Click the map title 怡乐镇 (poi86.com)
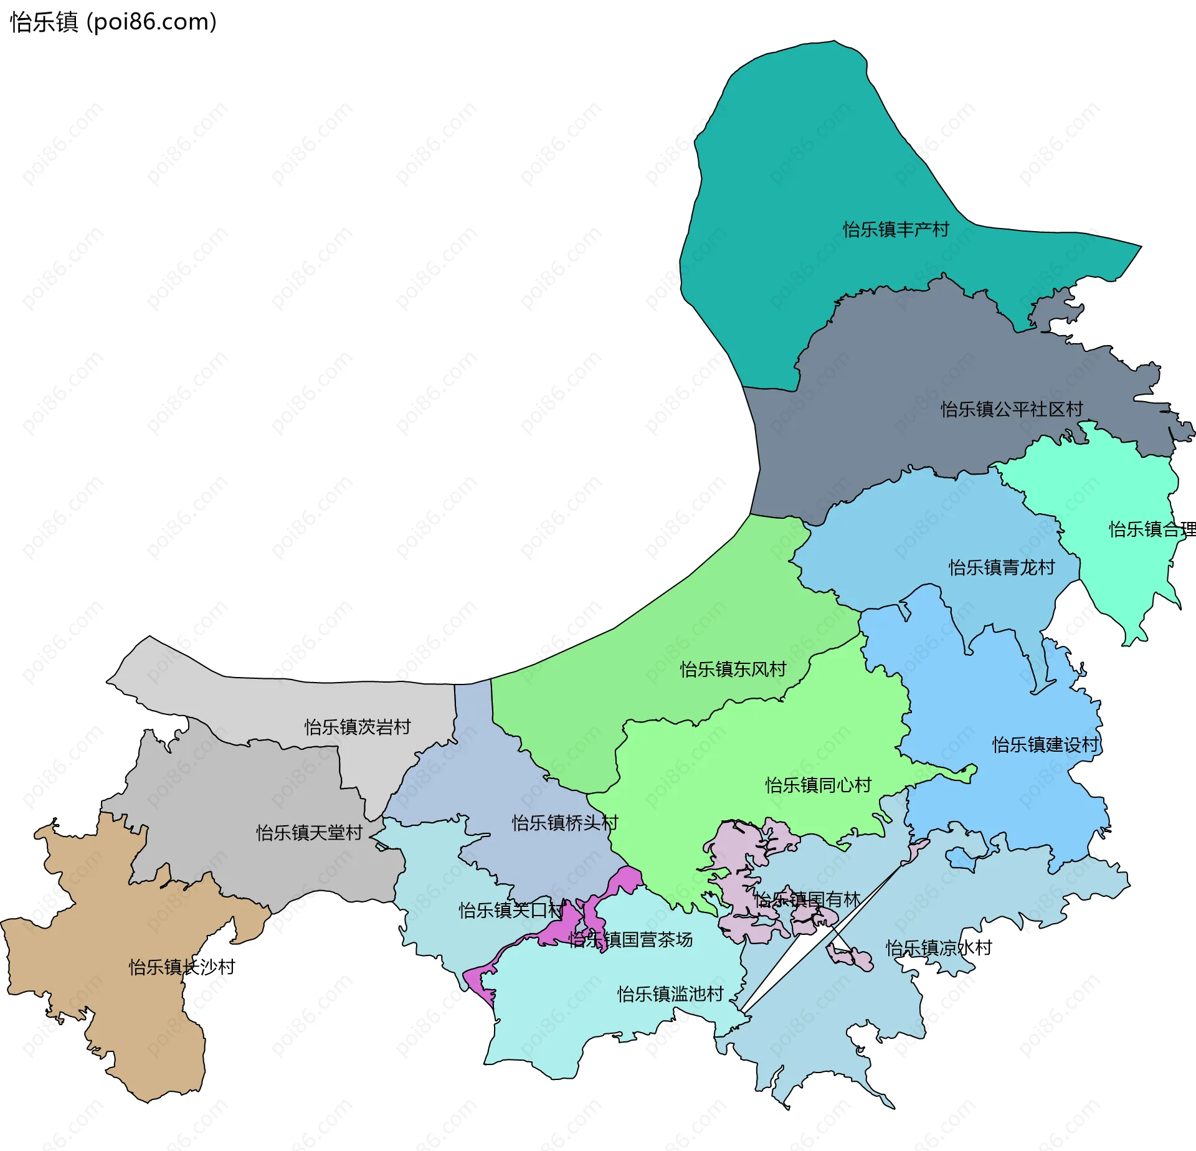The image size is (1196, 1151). (x=113, y=22)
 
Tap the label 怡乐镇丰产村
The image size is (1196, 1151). (x=896, y=229)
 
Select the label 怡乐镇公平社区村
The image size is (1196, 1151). (x=1012, y=409)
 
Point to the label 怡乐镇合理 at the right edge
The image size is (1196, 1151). (x=1151, y=529)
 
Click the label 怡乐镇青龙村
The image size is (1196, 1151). (x=1002, y=567)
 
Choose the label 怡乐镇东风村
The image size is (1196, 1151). (x=733, y=670)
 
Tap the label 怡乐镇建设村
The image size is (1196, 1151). (x=1045, y=745)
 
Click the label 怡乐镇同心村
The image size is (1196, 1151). (x=818, y=785)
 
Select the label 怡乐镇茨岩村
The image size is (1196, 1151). (x=358, y=727)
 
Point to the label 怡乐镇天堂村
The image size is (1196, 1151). (x=309, y=833)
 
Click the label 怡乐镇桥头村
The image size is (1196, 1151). (x=564, y=823)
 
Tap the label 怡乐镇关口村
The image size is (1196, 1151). (x=511, y=911)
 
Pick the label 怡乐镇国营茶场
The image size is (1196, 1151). (x=630, y=939)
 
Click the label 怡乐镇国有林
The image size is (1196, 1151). (x=807, y=899)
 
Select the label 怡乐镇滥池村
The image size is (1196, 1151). (x=670, y=994)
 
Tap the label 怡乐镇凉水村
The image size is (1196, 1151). (x=939, y=948)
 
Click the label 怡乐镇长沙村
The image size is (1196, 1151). (x=182, y=967)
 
